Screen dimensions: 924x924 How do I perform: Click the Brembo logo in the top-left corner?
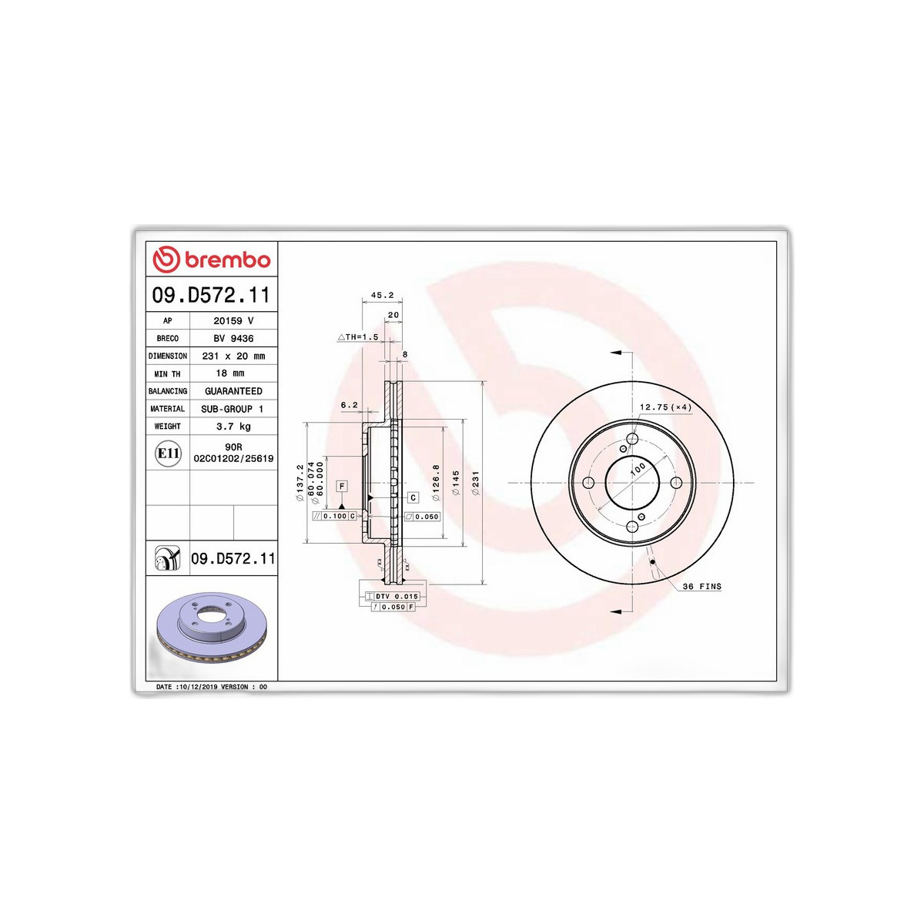212,259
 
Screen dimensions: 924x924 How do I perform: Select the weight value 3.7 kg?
233,427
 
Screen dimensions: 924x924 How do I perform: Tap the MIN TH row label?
167,373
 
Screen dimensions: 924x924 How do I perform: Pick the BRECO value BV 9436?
233,339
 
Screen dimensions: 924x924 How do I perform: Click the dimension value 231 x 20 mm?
233,357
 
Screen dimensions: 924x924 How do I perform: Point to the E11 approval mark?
169,453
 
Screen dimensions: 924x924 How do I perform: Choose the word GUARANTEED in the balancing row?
233,391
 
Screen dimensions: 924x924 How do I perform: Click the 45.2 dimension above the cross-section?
382,296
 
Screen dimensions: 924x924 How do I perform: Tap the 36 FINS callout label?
701,587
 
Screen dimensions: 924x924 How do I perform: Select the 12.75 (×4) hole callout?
665,407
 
